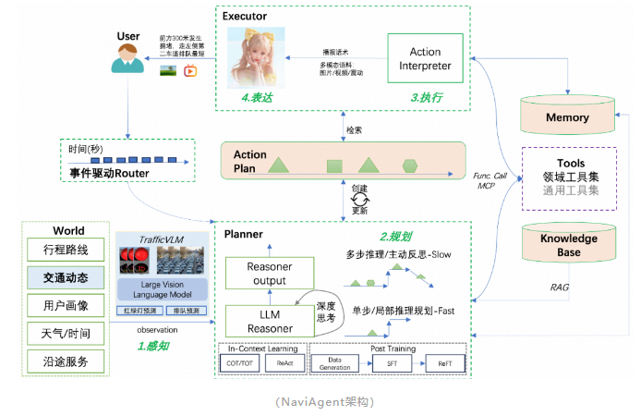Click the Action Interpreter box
point(424,59)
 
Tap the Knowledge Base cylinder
point(568,243)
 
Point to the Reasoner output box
point(271,273)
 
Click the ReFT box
point(444,365)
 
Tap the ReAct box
point(282,365)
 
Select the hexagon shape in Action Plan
point(409,166)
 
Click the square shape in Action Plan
point(333,167)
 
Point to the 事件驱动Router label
point(110,173)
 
